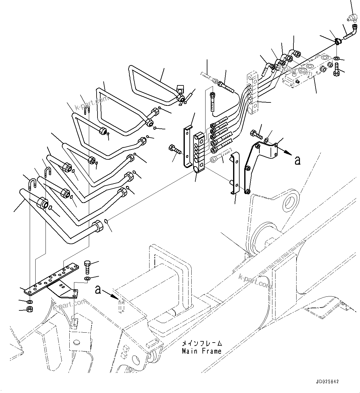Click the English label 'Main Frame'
tap(202, 351)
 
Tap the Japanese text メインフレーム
tap(202, 343)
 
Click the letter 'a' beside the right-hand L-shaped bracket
tap(297, 160)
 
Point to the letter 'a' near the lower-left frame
tap(98, 290)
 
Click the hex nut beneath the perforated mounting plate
tap(30, 309)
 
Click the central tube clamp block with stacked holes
tap(199, 152)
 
